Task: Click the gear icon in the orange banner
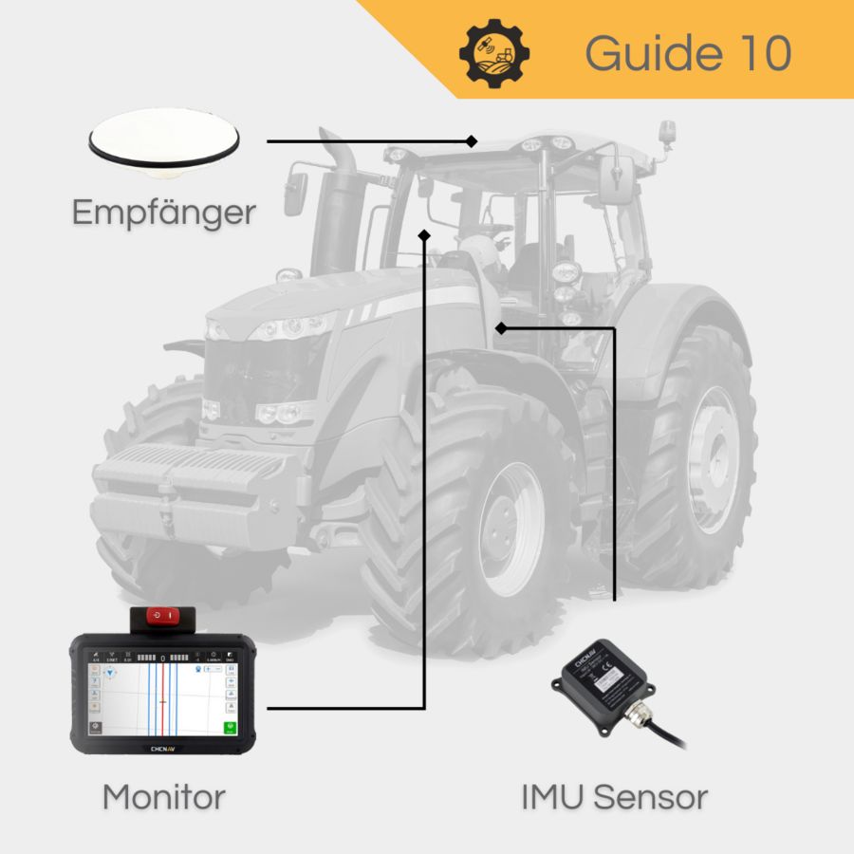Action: pyautogui.click(x=494, y=53)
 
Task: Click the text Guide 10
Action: pyautogui.click(x=687, y=53)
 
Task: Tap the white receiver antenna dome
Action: pyautogui.click(x=163, y=140)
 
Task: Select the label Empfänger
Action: pyautogui.click(x=163, y=212)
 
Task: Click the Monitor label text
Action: pyautogui.click(x=163, y=796)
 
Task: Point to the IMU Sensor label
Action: pyautogui.click(x=614, y=796)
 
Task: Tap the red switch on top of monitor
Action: pyautogui.click(x=163, y=616)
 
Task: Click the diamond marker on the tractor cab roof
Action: pyautogui.click(x=472, y=141)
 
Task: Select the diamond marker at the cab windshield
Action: pyautogui.click(x=424, y=232)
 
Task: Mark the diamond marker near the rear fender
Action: pyautogui.click(x=500, y=328)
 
